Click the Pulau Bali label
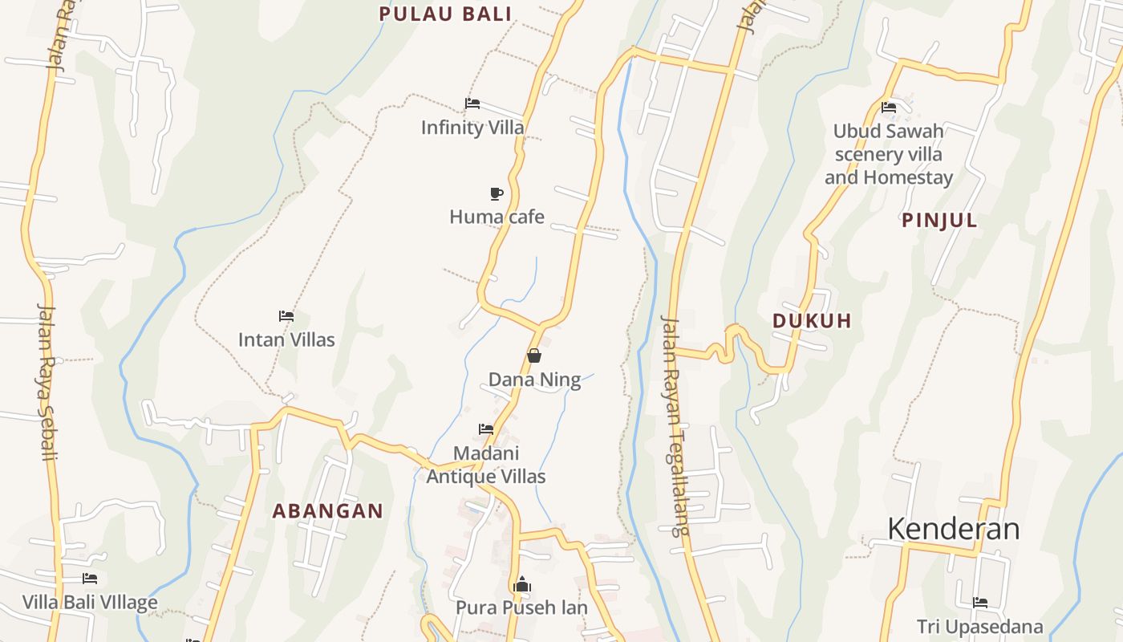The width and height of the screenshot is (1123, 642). tap(445, 14)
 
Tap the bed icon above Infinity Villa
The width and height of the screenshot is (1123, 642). tap(472, 104)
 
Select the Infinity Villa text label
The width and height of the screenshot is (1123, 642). tap(472, 128)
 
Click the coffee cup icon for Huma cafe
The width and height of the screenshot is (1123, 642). tap(497, 193)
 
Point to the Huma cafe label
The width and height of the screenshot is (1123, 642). tap(497, 217)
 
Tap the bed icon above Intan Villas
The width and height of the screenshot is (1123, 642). tap(286, 316)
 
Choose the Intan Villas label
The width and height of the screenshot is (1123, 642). tap(286, 339)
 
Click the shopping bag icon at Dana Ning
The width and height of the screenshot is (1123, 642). tap(534, 356)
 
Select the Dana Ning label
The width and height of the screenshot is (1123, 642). tap(534, 380)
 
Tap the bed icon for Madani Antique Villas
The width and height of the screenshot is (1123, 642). tap(486, 429)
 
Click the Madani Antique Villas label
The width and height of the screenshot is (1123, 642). tap(486, 465)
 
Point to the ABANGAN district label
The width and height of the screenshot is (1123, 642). tap(327, 511)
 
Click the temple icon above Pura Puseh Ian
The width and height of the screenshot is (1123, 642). tap(522, 584)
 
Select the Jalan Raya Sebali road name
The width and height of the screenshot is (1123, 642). tap(48, 381)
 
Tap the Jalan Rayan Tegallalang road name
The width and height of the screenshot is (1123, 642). tap(674, 425)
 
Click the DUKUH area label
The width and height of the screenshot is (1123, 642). tap(812, 321)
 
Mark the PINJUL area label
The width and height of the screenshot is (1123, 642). tap(940, 221)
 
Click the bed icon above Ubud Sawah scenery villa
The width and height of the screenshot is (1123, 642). tap(889, 108)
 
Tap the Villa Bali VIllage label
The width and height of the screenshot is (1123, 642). tap(90, 603)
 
